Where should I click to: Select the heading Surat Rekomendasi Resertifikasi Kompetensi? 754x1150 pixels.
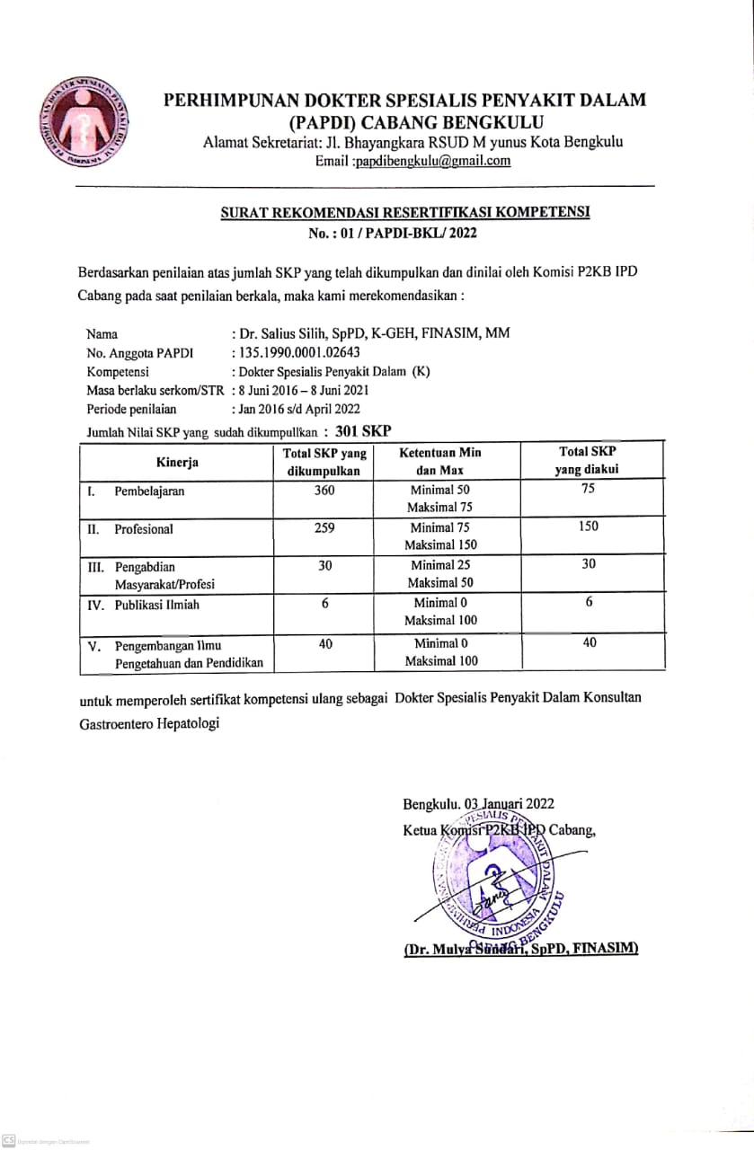coord(404,213)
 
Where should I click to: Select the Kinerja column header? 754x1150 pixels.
coord(176,462)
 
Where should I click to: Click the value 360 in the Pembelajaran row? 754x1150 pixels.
coord(324,491)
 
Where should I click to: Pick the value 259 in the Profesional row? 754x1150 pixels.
coord(324,528)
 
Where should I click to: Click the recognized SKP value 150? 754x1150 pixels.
coord(589,526)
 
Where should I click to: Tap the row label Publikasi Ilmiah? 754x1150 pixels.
coord(156,605)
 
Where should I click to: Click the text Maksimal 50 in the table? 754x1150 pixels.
coord(439,582)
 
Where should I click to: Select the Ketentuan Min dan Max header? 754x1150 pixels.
coord(439,461)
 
